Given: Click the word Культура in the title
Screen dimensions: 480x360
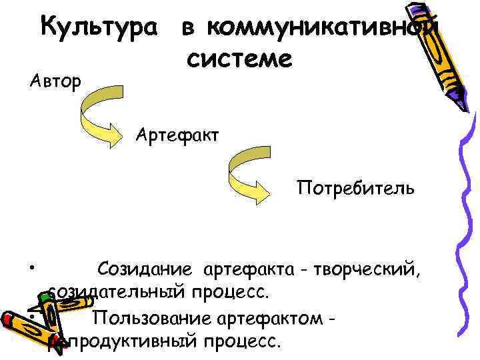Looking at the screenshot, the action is click(101, 28).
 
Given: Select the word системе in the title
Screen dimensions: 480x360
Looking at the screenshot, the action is click(239, 59).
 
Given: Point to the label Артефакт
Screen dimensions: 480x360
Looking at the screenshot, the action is click(177, 135).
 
